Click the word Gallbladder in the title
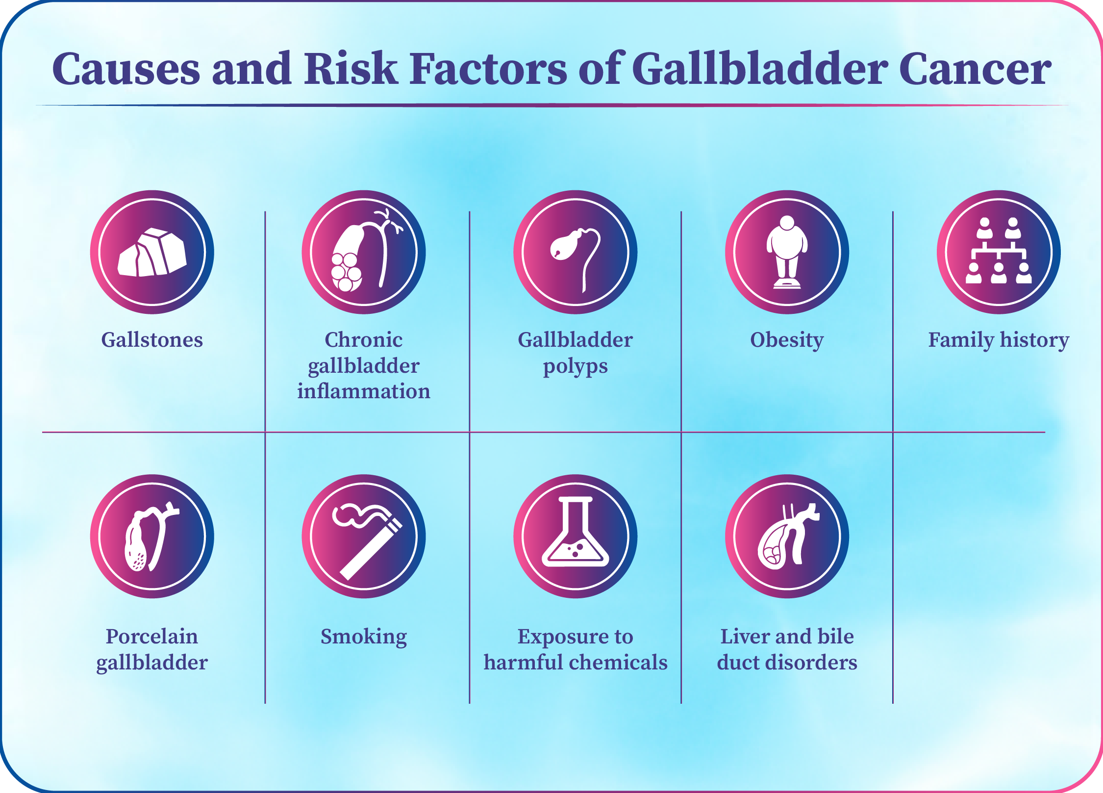(759, 69)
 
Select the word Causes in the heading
(126, 69)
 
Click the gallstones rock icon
(152, 253)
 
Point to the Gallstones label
(152, 339)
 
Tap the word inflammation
(364, 391)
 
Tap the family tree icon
(999, 251)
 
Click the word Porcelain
(152, 636)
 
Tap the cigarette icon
(367, 541)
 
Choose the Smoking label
(364, 637)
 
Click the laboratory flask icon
(576, 532)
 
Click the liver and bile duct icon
(787, 537)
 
